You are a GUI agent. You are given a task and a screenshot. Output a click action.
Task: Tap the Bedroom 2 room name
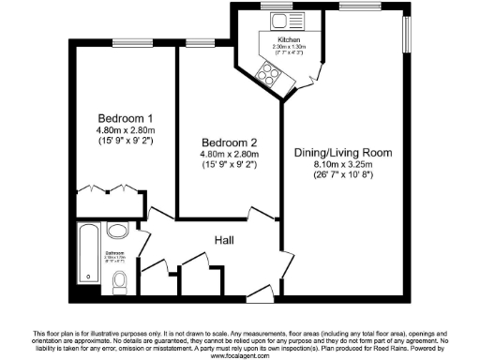pyautogui.click(x=229, y=142)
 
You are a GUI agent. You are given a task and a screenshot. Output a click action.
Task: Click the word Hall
pyautogui.click(x=224, y=241)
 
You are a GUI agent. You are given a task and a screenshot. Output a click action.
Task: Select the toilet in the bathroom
pyautogui.click(x=118, y=281)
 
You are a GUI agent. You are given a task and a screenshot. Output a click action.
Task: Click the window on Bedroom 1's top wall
pyautogui.click(x=125, y=41)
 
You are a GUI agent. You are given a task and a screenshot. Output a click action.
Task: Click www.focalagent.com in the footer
pyautogui.click(x=240, y=356)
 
